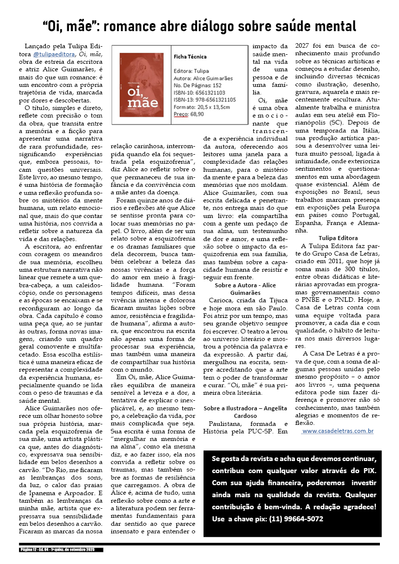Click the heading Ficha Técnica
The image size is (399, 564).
pyautogui.click(x=189, y=57)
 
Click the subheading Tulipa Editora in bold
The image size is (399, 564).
pyautogui.click(x=338, y=238)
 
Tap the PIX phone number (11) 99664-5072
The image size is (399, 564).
pyautogui.click(x=296, y=519)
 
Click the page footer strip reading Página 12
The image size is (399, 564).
pyautogui.click(x=62, y=550)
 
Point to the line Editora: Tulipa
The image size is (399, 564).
pyautogui.click(x=191, y=71)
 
